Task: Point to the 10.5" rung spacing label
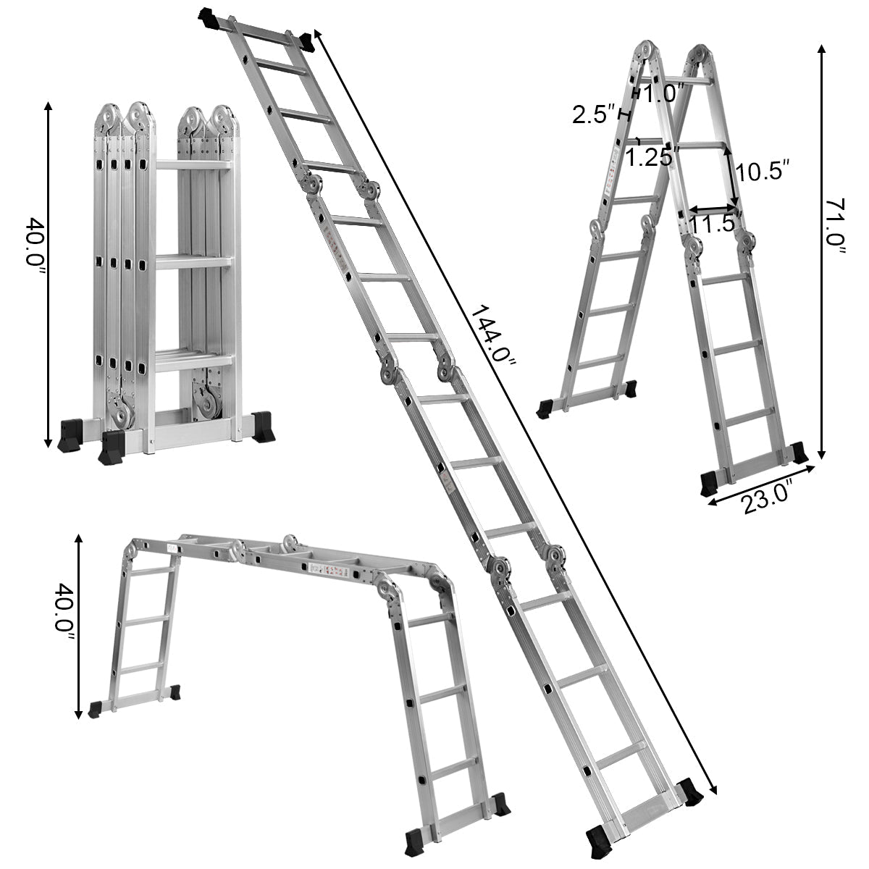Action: [x=760, y=172]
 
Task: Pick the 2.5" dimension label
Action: [x=593, y=114]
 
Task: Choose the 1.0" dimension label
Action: [x=663, y=93]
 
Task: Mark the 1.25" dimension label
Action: [x=650, y=158]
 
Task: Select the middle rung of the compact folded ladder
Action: [x=195, y=261]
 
